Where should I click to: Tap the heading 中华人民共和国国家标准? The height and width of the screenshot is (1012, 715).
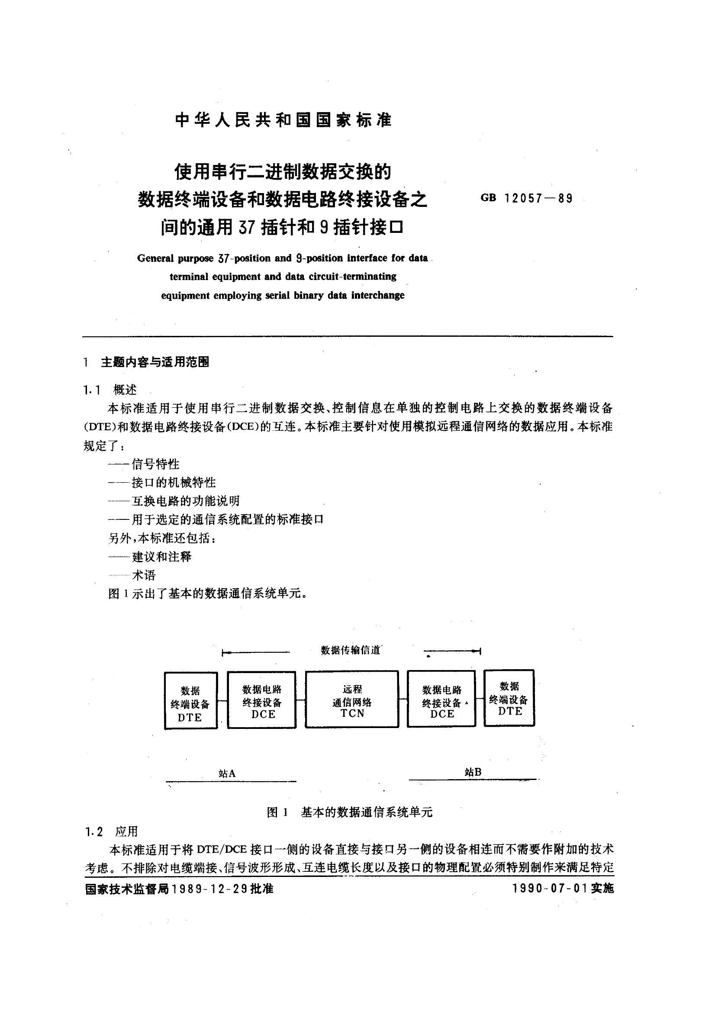tap(283, 120)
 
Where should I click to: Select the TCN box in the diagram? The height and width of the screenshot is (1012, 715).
tap(352, 699)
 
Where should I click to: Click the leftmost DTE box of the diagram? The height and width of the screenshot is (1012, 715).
tap(190, 701)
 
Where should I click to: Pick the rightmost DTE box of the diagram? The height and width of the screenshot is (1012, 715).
tap(509, 698)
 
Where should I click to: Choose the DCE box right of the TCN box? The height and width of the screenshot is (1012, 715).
tap(441, 699)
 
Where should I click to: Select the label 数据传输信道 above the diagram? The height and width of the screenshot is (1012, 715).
tap(351, 650)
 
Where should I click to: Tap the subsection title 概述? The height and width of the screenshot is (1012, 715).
tap(125, 390)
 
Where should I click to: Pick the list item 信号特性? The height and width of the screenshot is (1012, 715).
tap(155, 464)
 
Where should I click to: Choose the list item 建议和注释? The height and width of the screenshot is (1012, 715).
tap(161, 557)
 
